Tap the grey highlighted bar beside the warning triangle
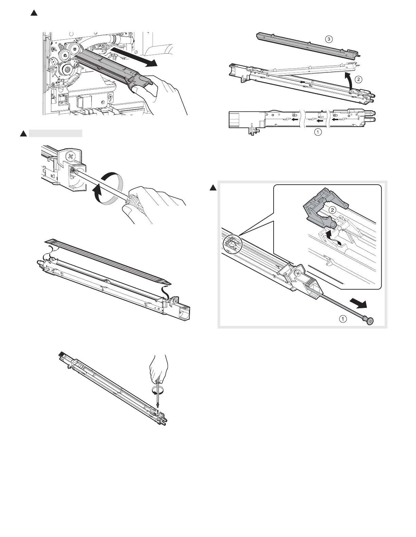coord(55,133)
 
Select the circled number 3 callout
coord(328,39)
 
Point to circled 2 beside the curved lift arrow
coord(358,79)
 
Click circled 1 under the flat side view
coord(317,133)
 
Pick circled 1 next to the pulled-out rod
coord(344,319)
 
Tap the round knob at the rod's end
coord(369,320)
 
